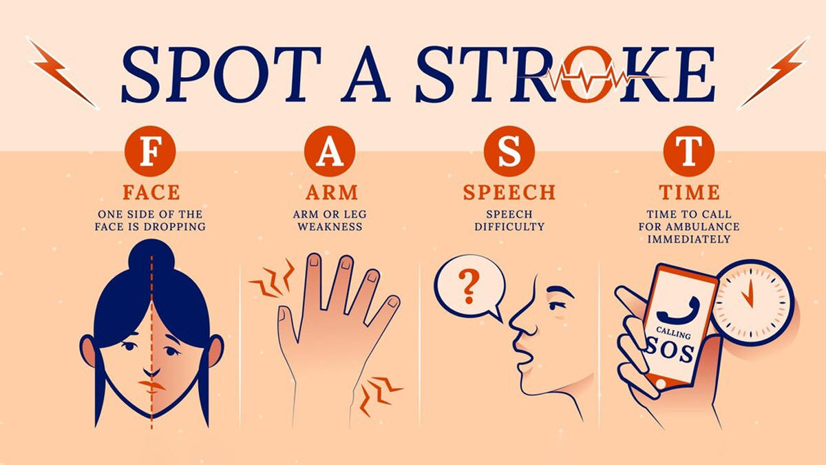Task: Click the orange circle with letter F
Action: click(x=150, y=152)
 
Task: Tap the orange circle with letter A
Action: click(x=330, y=152)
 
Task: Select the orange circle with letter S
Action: click(x=509, y=152)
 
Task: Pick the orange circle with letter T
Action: click(x=689, y=152)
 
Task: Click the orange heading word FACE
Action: click(x=151, y=192)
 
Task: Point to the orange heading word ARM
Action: click(x=332, y=192)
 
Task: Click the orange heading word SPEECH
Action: click(x=509, y=192)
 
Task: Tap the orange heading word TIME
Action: click(x=689, y=192)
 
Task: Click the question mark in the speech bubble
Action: click(x=469, y=287)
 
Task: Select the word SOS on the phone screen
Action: click(x=670, y=350)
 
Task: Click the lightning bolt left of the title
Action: click(x=63, y=73)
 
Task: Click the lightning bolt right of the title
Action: click(x=773, y=73)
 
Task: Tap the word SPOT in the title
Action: click(x=222, y=74)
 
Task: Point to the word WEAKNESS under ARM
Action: click(x=330, y=227)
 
